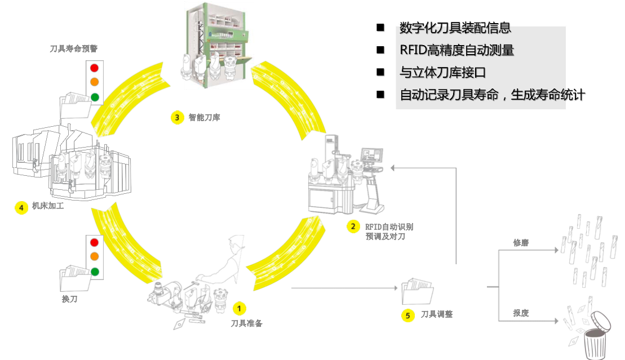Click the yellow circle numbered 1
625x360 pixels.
click(x=239, y=308)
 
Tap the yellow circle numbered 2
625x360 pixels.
click(x=353, y=226)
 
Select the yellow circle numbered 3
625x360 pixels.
click(x=177, y=117)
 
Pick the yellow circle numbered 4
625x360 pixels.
click(x=21, y=207)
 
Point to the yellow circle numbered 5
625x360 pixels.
click(x=408, y=315)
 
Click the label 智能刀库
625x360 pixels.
click(x=204, y=118)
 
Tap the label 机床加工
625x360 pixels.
click(x=48, y=207)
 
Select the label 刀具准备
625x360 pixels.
click(x=247, y=323)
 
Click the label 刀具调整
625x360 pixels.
click(x=437, y=314)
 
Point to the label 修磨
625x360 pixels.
click(x=521, y=243)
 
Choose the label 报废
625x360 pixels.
click(x=521, y=313)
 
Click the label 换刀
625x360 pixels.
click(x=69, y=299)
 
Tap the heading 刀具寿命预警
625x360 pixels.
click(x=74, y=48)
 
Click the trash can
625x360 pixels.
click(x=596, y=341)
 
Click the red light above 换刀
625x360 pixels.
click(x=94, y=243)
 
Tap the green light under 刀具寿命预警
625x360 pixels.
click(x=94, y=97)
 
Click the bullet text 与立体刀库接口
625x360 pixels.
click(x=442, y=72)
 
